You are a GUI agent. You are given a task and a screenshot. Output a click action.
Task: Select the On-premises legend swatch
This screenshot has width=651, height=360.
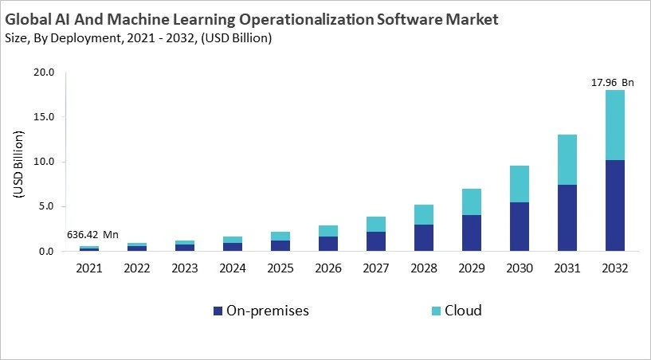coord(218,311)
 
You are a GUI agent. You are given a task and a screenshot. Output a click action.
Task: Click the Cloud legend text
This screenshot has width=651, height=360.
coord(462,311)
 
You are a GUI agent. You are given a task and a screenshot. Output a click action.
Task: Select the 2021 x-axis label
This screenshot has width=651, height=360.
coord(89,268)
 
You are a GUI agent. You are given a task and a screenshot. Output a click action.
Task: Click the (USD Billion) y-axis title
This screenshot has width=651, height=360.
coord(18,162)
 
